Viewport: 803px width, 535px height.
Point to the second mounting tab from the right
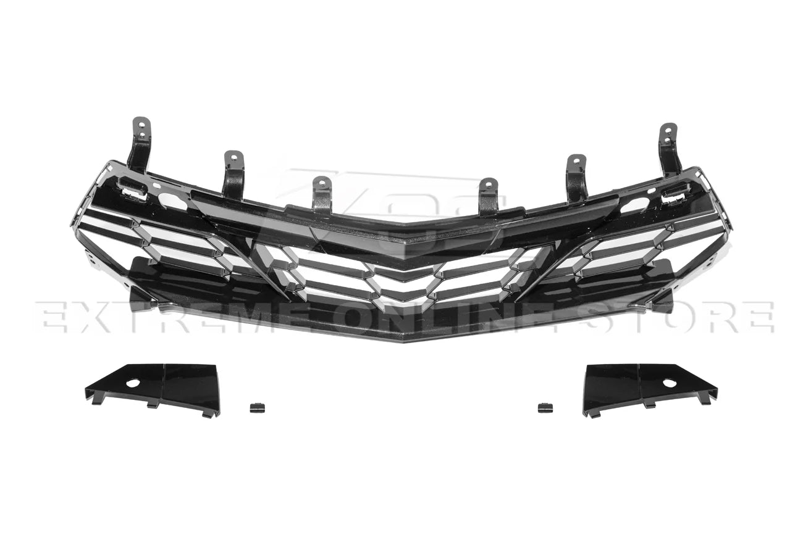(576, 176)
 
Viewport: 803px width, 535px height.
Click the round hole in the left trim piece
(133, 383)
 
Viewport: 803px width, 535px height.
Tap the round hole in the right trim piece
(670, 383)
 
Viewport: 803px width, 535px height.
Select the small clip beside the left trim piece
(256, 407)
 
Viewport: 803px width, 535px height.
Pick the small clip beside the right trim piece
(545, 407)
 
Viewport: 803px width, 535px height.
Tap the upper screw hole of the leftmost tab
(142, 123)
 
